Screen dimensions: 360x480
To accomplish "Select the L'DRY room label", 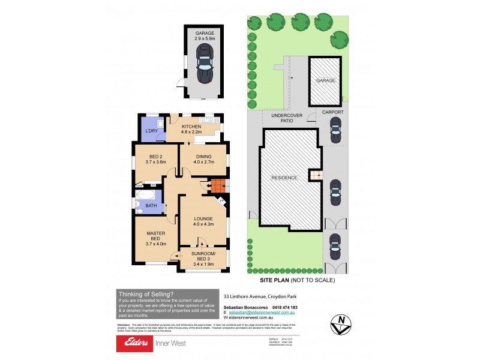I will pos(149,131).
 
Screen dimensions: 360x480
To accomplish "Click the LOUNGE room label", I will pos(204,221).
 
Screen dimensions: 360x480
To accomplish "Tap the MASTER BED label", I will pos(155,236).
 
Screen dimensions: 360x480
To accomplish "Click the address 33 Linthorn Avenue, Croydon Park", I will pos(260,296).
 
